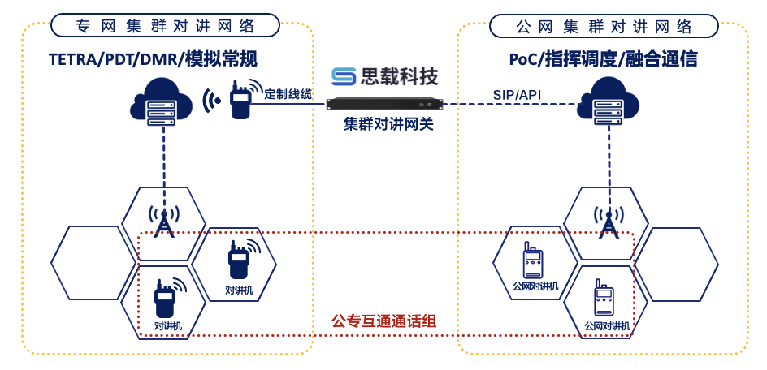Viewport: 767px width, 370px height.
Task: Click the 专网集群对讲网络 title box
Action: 165,25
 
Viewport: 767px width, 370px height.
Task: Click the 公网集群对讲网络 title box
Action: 604,25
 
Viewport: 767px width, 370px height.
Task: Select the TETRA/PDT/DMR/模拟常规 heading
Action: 153,58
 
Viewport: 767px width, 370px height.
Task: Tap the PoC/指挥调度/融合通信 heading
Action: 603,58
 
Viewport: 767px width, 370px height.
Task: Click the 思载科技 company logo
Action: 384,76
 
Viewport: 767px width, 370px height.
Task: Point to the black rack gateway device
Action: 384,103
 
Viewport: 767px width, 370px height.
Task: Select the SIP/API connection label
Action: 517,95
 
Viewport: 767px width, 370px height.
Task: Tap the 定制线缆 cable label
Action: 288,94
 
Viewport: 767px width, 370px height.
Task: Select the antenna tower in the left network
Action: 164,221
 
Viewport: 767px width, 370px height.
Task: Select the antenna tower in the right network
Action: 605,222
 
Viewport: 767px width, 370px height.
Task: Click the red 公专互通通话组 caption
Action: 384,321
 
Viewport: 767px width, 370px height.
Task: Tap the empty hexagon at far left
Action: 88,262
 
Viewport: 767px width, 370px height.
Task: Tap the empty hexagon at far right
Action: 676,263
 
